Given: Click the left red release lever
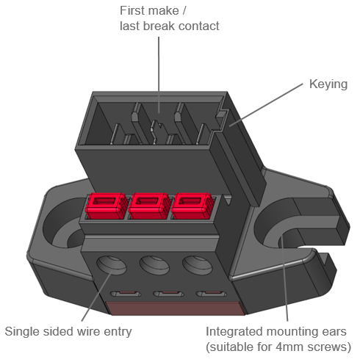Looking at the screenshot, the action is (107, 206).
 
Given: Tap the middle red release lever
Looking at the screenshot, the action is (149, 206).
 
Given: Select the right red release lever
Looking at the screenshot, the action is (192, 206).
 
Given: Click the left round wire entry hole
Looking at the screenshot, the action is (112, 266).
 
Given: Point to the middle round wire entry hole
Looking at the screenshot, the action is (154, 266).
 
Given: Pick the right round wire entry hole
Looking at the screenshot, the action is (197, 266).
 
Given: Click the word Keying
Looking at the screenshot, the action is (328, 84).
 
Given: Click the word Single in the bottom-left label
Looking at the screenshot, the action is (22, 332).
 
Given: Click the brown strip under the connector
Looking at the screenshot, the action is (176, 308).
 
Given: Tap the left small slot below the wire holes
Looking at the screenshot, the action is (126, 294).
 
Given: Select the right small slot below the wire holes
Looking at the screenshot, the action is (212, 294).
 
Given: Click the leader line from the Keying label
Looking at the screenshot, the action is (266, 105).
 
